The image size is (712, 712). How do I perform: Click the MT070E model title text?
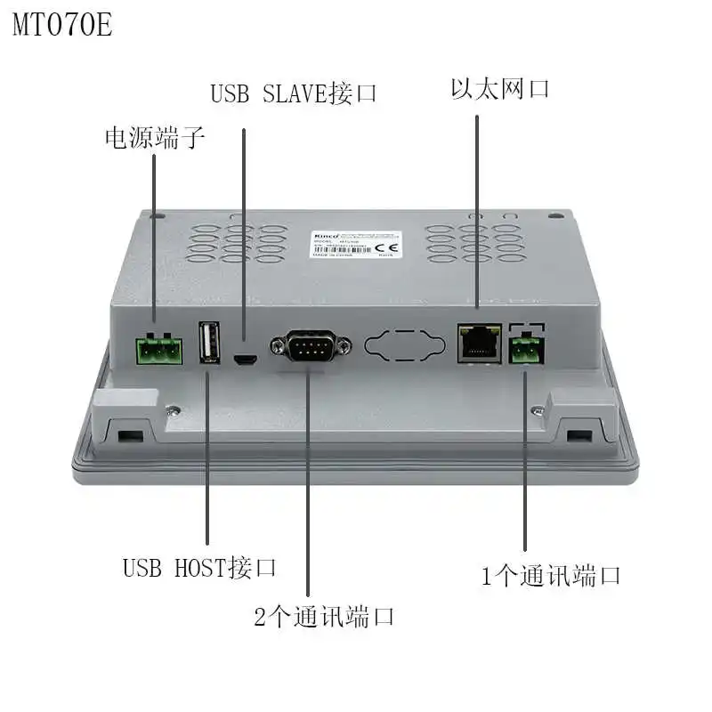62,24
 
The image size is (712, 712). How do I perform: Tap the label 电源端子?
155,138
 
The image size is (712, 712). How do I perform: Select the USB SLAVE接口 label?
294,93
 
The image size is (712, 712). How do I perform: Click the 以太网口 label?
499,89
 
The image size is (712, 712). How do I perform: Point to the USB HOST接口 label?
199,567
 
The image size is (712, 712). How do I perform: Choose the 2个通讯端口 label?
324,616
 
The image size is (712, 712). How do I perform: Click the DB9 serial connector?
308,344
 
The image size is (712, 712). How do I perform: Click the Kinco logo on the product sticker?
321,234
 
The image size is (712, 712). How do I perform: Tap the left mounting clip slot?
128,435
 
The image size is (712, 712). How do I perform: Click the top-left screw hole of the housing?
157,215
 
